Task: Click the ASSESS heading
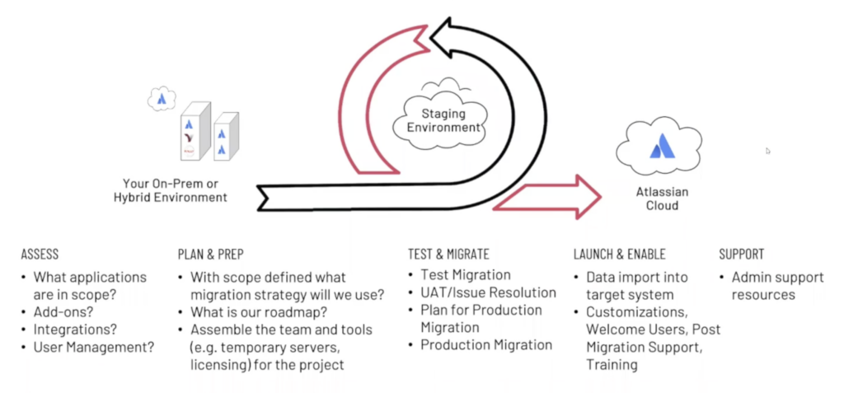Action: (x=40, y=255)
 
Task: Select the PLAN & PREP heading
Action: (x=210, y=255)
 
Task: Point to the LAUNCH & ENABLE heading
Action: (x=619, y=255)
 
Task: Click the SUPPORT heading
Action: (x=741, y=255)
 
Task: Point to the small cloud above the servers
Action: (x=162, y=100)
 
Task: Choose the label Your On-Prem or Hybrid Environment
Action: (x=171, y=190)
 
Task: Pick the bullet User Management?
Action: (x=93, y=348)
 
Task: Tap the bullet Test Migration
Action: (x=466, y=275)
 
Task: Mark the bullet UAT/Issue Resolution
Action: (x=488, y=292)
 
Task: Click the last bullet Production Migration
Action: (x=486, y=344)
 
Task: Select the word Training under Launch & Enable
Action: (x=611, y=363)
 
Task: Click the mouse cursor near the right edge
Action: (x=768, y=151)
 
